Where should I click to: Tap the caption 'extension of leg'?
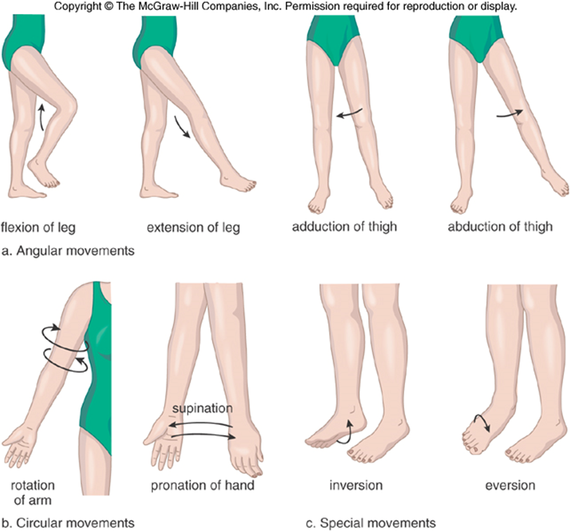[193, 227]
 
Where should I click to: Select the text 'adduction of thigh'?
[345, 226]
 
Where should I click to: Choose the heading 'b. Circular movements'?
[68, 523]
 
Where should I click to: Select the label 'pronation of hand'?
[202, 486]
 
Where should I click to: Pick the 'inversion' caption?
[356, 486]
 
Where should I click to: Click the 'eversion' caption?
[510, 486]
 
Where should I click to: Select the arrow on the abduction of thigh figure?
[508, 114]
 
